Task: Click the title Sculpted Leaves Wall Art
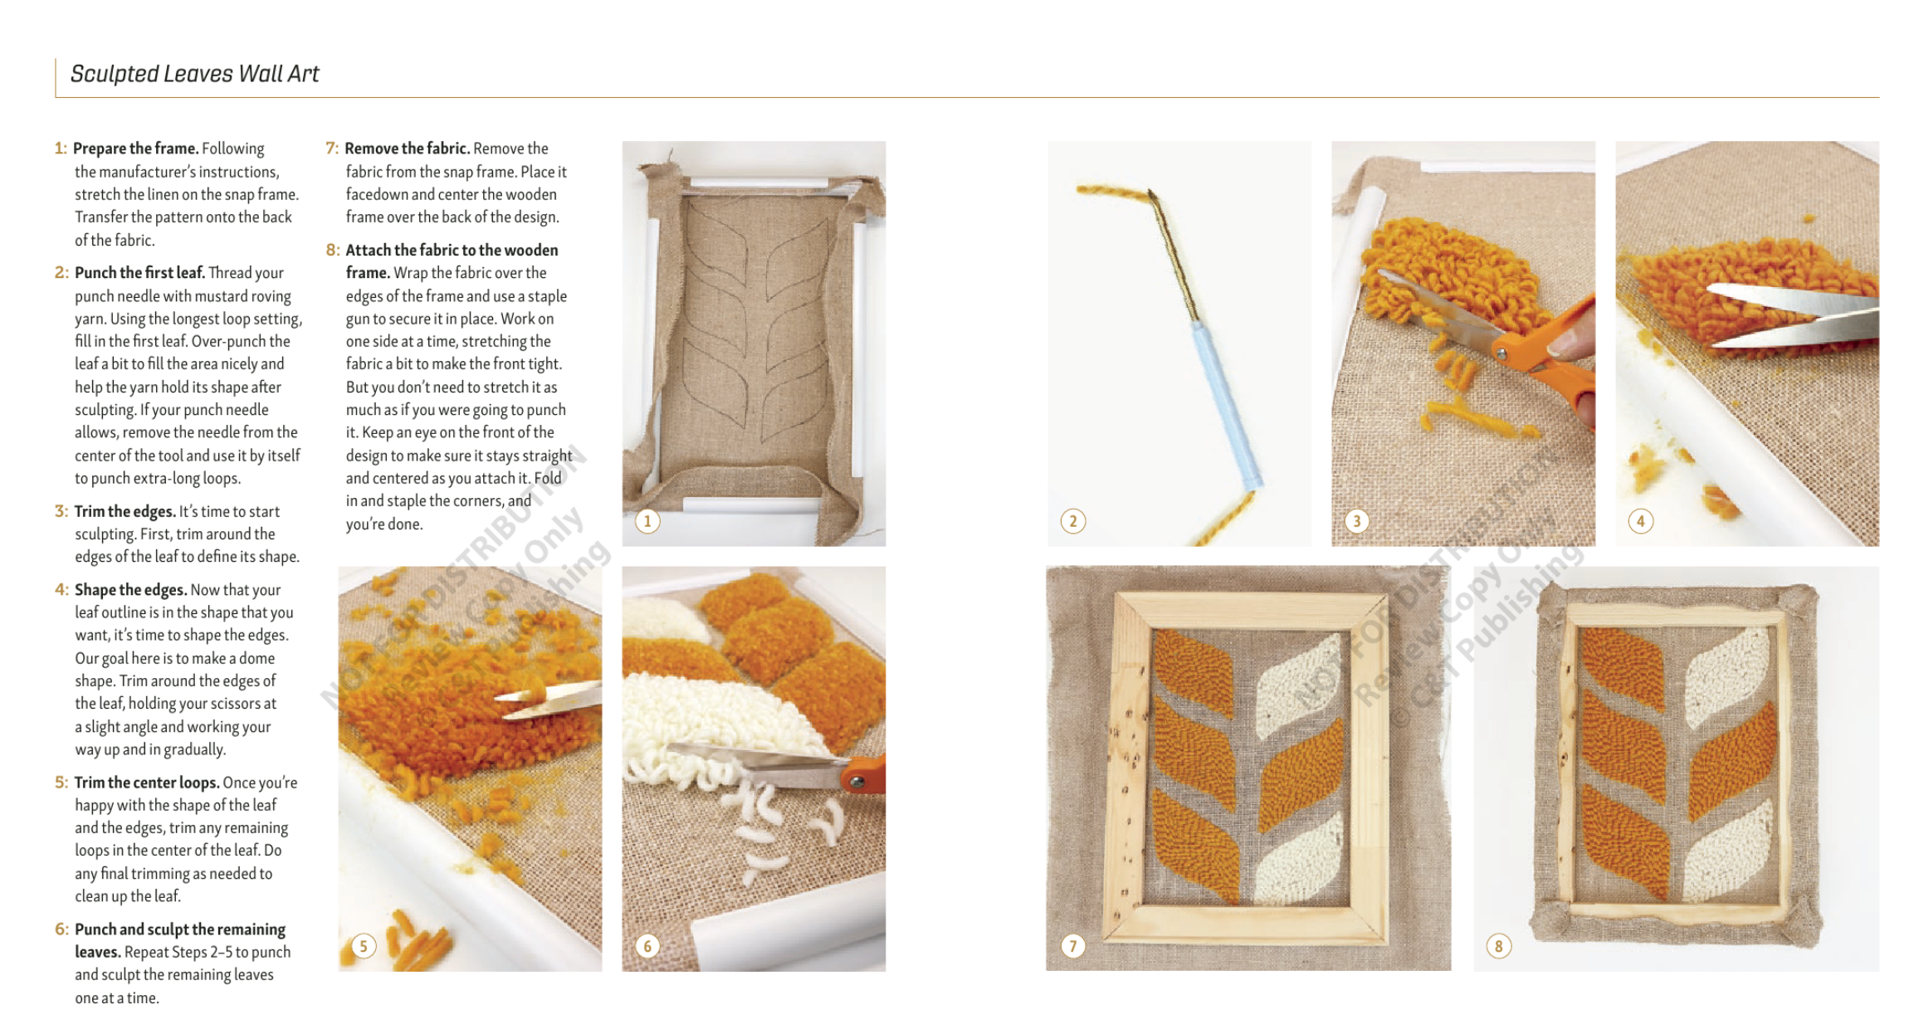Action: [x=194, y=74]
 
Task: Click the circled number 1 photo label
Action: [x=647, y=521]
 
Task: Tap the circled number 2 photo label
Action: [x=1072, y=521]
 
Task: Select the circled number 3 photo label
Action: [x=1356, y=521]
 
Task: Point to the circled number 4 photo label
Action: [x=1640, y=521]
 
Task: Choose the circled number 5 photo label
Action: [x=364, y=946]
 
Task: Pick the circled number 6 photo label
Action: [x=647, y=946]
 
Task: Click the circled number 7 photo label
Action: [x=1072, y=946]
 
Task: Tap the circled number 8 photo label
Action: [x=1498, y=946]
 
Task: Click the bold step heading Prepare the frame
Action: [x=135, y=149]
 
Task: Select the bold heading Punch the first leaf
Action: [x=139, y=273]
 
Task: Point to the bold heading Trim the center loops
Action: [x=147, y=783]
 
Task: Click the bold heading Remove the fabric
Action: [x=408, y=149]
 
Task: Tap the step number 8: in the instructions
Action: [x=333, y=250]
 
